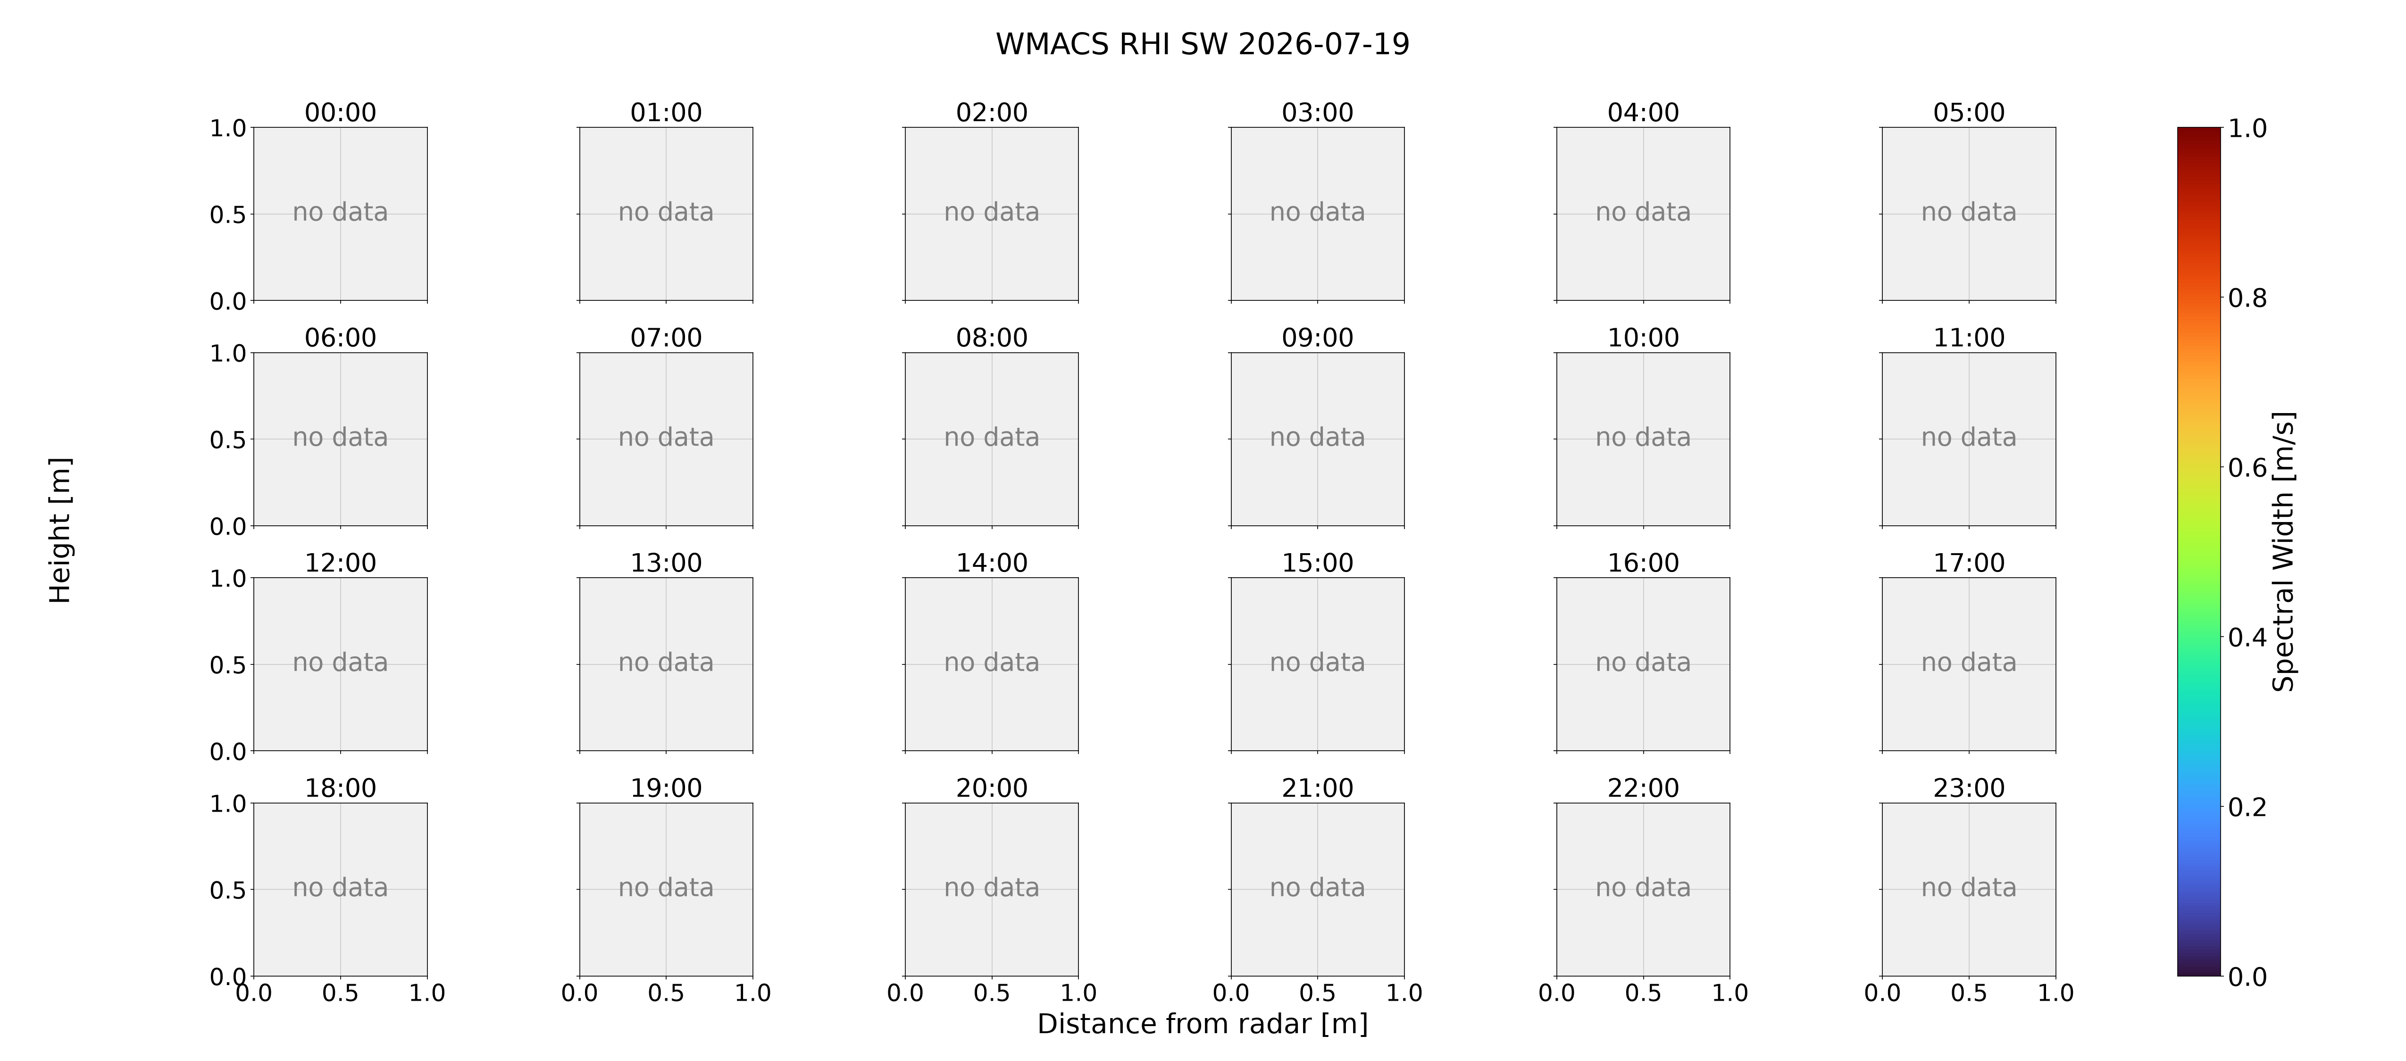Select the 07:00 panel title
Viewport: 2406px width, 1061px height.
pos(666,337)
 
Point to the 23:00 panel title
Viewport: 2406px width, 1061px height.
pos(1969,787)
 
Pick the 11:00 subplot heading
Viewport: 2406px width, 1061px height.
pos(1969,337)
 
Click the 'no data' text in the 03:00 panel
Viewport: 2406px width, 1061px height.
pos(1317,212)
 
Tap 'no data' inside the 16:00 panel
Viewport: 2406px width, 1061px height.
pos(1643,662)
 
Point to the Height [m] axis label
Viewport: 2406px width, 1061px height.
pos(60,530)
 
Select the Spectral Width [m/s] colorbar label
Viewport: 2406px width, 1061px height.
pos(2283,551)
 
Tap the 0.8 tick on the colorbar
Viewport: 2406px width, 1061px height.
pos(2247,298)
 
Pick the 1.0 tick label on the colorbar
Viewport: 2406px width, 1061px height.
pos(2247,128)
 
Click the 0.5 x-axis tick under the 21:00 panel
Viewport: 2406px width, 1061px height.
pos(1317,993)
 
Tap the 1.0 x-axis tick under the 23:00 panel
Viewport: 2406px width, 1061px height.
pos(2055,993)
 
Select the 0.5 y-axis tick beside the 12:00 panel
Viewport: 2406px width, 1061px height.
pos(228,665)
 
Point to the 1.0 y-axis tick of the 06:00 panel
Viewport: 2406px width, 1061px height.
pos(228,353)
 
